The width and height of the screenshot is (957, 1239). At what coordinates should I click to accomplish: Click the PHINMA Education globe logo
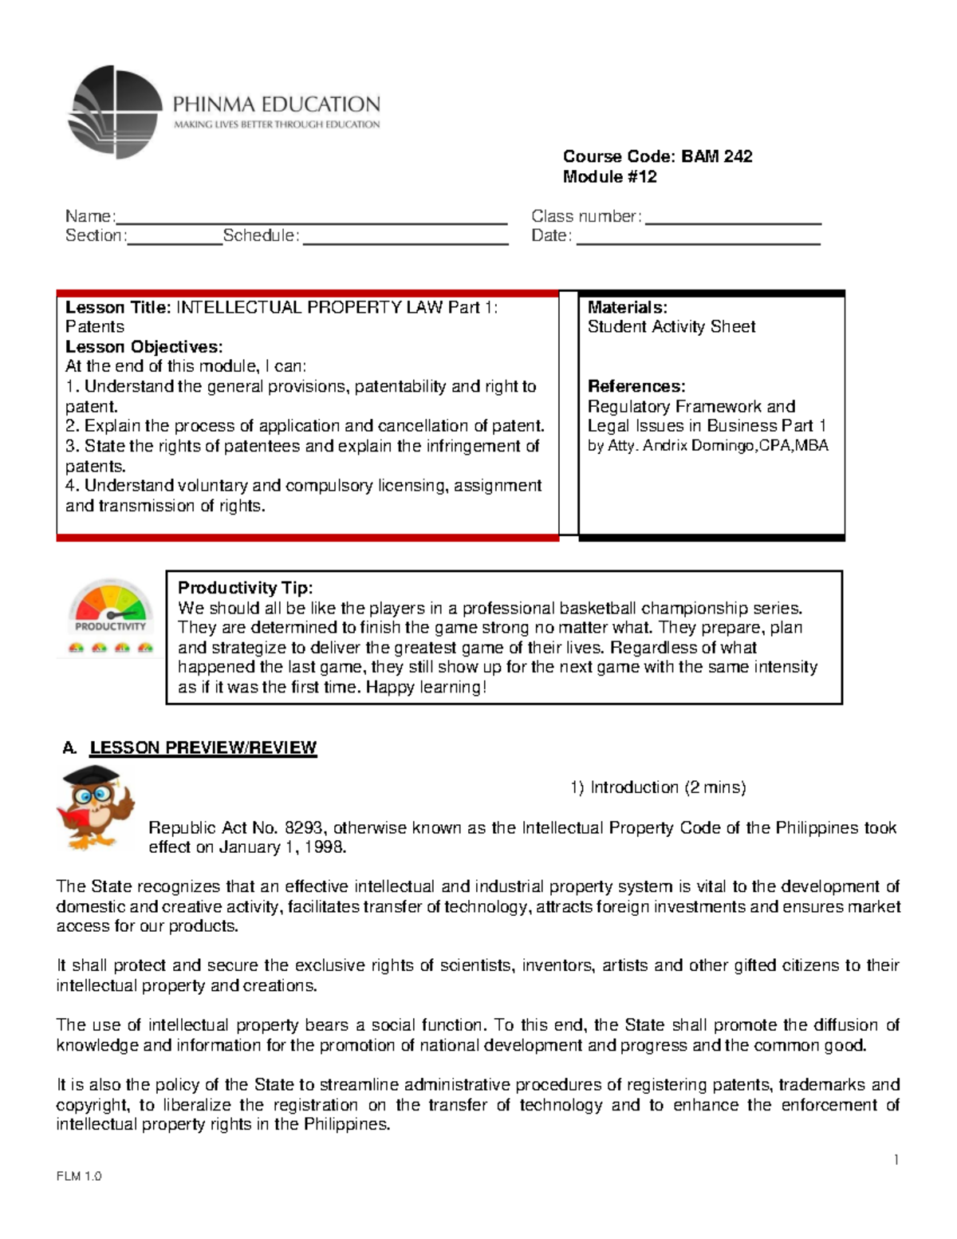point(115,112)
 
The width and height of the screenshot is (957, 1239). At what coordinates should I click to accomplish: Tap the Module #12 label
point(609,177)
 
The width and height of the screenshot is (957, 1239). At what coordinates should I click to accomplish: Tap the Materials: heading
point(627,308)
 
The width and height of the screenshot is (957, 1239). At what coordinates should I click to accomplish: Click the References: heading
point(636,387)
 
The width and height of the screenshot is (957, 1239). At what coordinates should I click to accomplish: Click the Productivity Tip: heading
point(245,588)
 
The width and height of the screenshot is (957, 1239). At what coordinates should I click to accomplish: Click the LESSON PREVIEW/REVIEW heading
point(203,748)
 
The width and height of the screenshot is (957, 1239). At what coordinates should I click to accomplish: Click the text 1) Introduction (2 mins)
point(658,787)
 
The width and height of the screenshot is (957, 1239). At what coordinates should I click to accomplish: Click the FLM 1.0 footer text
point(79,1177)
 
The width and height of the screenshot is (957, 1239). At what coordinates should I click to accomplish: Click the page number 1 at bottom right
point(896,1160)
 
